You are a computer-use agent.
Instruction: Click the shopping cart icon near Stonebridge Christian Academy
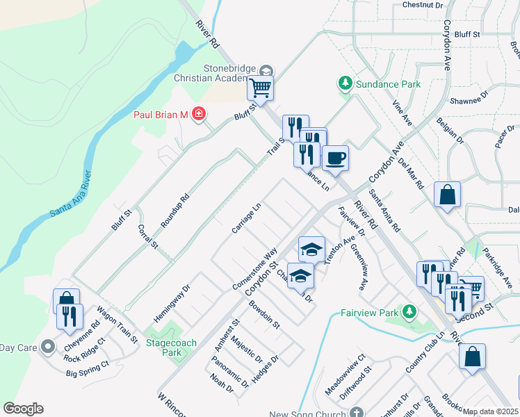click(x=260, y=88)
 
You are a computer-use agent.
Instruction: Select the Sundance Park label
click(x=388, y=84)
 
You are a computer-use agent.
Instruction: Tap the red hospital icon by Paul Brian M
click(x=199, y=113)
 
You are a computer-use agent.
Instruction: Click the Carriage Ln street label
click(x=247, y=218)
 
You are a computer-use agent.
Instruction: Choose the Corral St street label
click(x=148, y=236)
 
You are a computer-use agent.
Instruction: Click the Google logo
click(x=24, y=409)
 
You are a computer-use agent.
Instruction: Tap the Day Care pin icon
click(x=47, y=345)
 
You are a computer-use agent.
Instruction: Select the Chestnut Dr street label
click(x=423, y=6)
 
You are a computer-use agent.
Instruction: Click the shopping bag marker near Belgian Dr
click(x=447, y=195)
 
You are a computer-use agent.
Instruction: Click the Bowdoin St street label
click(x=264, y=315)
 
